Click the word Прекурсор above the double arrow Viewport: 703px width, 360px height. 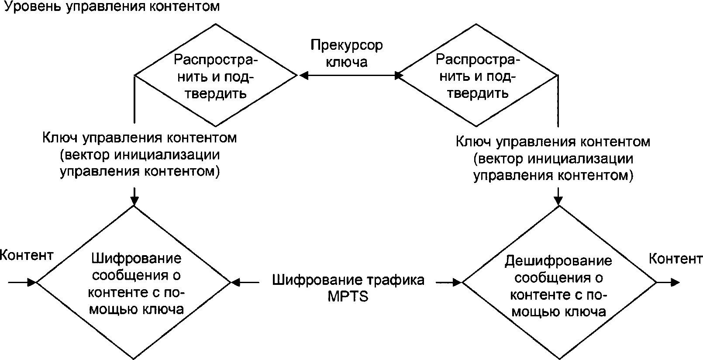[x=346, y=45]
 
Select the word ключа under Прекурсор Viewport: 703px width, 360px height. [x=346, y=62]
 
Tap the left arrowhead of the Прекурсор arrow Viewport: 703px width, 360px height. [x=303, y=76]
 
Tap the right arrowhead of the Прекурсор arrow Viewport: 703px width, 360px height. [x=398, y=76]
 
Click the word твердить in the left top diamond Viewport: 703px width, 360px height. [x=216, y=93]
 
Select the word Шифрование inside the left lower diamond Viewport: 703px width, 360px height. [x=136, y=258]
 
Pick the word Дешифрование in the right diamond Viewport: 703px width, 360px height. [x=558, y=261]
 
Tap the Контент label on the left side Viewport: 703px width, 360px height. [x=27, y=255]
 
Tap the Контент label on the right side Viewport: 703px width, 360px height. [x=675, y=259]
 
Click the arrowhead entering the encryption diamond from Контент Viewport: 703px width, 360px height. [x=32, y=282]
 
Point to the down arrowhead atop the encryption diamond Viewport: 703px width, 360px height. [x=134, y=201]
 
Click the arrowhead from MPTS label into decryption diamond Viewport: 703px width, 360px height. [x=457, y=282]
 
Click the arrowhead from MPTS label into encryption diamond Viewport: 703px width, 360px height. [x=236, y=282]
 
